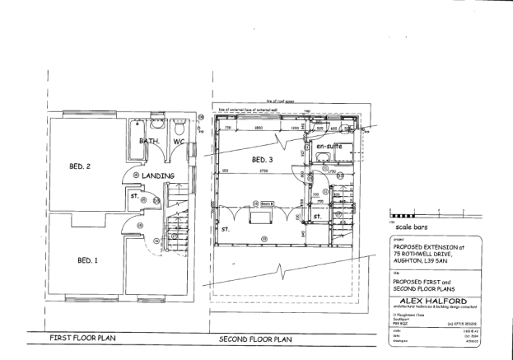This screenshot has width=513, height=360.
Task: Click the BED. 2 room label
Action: tap(81, 166)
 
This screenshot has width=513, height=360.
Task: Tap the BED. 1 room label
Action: tap(87, 260)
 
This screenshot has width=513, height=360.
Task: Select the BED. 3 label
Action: tap(262, 159)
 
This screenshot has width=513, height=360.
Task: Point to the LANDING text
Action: tap(156, 176)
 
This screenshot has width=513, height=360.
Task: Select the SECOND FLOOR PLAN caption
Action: tap(254, 339)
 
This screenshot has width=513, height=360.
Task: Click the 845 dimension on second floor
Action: tap(302, 233)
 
